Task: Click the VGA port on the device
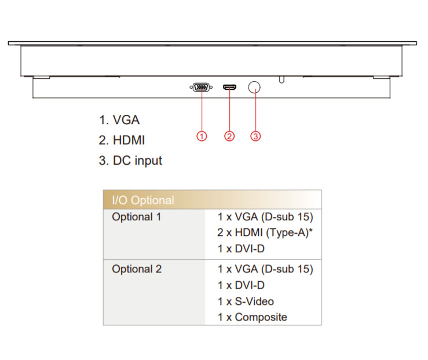(200, 88)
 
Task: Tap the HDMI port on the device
(229, 88)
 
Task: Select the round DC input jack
(254, 87)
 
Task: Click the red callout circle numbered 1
(202, 136)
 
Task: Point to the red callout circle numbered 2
(229, 136)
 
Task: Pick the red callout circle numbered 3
(255, 136)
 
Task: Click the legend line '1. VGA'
(119, 120)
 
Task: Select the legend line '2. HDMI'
(122, 140)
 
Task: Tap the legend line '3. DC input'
(130, 161)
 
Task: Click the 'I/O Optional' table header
(142, 201)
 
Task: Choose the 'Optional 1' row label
(137, 217)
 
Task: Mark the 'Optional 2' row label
(137, 269)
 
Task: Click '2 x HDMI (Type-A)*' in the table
(265, 232)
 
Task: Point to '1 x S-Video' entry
(246, 301)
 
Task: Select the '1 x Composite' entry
(253, 317)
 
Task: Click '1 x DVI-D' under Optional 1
(242, 248)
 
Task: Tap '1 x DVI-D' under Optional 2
(242, 285)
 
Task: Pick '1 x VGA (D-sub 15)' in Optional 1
(265, 217)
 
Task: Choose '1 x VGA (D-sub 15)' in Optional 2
(265, 269)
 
